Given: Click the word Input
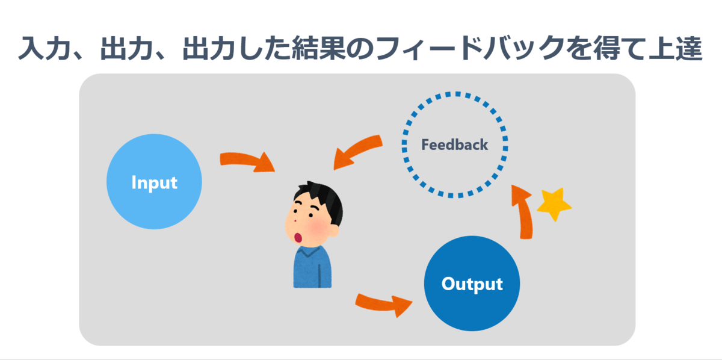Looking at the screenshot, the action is point(154,182).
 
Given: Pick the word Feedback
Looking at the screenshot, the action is point(455,145).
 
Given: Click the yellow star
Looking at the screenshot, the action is point(553,205).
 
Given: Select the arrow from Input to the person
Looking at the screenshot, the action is point(247,161).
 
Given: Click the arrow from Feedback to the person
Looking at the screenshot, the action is point(357,152).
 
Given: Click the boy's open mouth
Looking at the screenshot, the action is point(299,237).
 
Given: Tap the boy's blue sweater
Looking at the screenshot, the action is point(312,268).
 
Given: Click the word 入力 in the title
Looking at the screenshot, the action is point(44,48).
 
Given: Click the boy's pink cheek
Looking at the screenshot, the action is point(319,229).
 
